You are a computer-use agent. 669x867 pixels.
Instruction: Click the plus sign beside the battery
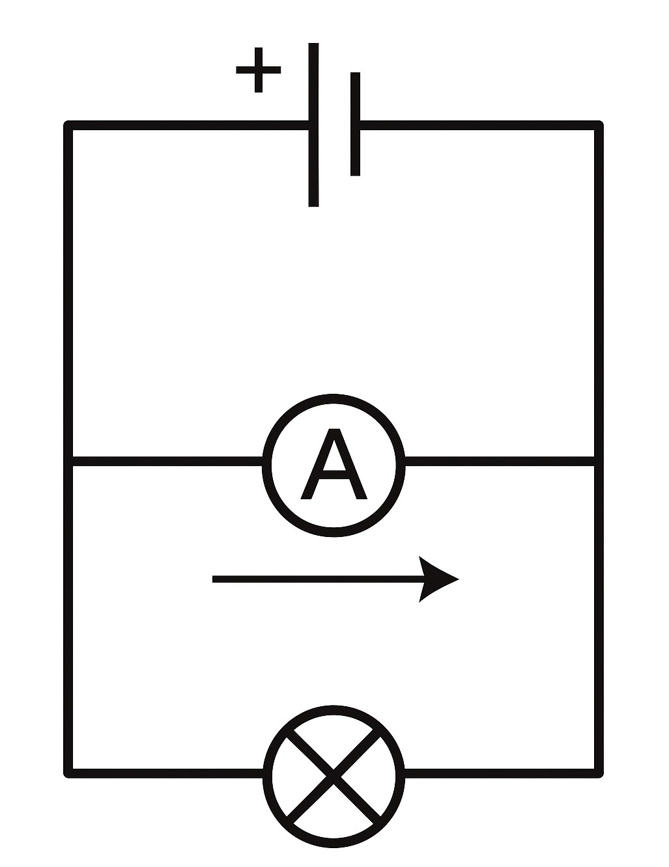[x=259, y=70]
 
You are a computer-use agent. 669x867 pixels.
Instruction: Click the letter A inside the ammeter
[x=334, y=464]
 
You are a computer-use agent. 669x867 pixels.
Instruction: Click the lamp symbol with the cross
[x=334, y=775]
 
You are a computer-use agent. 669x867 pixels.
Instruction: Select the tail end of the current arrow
[x=215, y=579]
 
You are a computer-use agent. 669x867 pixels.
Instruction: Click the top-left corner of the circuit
[x=68, y=125]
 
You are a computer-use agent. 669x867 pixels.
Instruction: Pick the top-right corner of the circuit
[x=599, y=125]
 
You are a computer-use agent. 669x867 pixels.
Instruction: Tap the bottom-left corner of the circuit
[x=68, y=773]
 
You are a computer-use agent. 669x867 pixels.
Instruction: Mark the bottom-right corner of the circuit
[x=599, y=773]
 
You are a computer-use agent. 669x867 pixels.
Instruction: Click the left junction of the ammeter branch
[x=68, y=461]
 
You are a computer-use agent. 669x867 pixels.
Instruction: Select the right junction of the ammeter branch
[x=599, y=461]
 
